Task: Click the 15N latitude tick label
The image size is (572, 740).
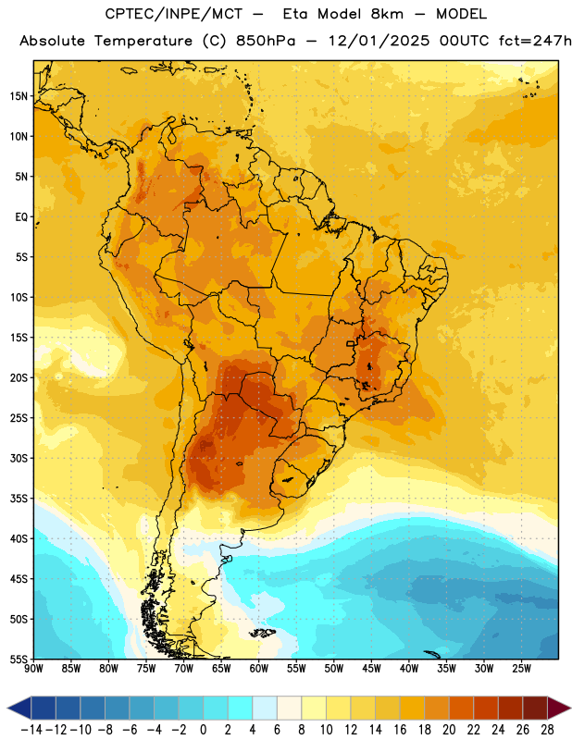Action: (19, 96)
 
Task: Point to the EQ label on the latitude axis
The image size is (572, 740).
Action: (21, 217)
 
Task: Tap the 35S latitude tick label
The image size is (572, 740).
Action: (19, 499)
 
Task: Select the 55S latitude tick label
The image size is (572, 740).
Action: (19, 659)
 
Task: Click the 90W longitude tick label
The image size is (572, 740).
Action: (33, 668)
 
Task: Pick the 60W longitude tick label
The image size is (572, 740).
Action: (258, 668)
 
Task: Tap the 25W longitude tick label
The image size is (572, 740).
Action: (521, 668)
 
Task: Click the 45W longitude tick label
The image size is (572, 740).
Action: (371, 668)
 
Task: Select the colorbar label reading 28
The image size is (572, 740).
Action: (547, 730)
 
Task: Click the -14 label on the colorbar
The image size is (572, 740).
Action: (31, 730)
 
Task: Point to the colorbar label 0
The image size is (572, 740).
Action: (203, 730)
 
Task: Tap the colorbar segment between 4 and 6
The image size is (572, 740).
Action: (265, 708)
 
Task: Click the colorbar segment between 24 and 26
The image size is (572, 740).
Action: (510, 708)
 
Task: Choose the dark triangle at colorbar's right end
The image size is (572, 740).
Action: (557, 708)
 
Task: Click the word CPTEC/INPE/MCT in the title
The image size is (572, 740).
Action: (173, 14)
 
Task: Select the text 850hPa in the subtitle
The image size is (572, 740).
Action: (266, 41)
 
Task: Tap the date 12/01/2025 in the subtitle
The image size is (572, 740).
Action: (379, 41)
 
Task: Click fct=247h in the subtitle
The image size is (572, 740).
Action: (535, 41)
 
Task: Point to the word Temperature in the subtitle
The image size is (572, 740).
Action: (143, 42)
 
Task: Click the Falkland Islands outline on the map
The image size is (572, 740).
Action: (263, 633)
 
